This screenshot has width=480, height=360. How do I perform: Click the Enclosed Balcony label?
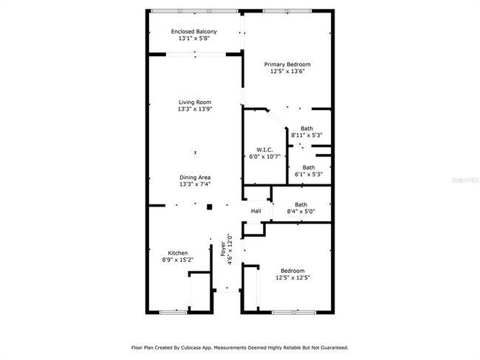coord(194,32)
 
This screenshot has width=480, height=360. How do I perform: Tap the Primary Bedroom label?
coord(287,64)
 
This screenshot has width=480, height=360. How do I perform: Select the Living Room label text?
coord(195,102)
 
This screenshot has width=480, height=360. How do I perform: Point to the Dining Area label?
coord(195,177)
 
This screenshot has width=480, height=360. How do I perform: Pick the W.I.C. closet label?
coord(264,150)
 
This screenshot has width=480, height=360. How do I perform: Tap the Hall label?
coord(256,212)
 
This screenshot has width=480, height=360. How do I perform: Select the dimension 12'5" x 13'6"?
coord(287,72)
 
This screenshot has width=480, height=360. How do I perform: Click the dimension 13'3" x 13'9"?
coord(195,109)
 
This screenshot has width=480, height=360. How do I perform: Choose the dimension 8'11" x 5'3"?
coord(306,135)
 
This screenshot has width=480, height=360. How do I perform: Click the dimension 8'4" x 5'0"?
coord(301,212)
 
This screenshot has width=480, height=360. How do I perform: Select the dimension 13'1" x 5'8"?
coord(194,39)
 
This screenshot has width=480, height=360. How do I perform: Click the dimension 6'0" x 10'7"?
coord(264,157)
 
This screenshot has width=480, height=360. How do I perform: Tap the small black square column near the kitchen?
coord(209,207)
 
